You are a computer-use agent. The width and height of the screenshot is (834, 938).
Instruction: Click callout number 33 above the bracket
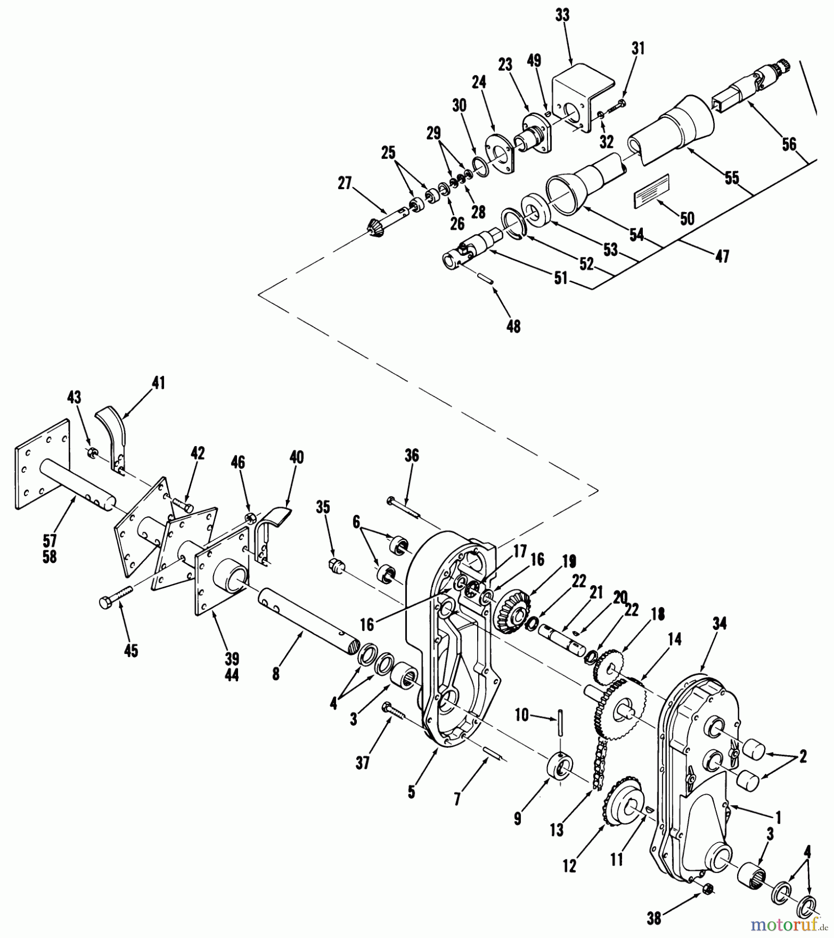(x=562, y=16)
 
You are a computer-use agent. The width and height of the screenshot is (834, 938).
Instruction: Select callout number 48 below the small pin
(x=513, y=327)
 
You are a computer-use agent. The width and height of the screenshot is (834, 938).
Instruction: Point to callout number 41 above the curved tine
(x=158, y=383)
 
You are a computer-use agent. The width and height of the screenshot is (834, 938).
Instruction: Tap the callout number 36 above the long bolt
(x=412, y=455)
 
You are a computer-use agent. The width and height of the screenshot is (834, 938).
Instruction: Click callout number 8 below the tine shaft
(x=276, y=674)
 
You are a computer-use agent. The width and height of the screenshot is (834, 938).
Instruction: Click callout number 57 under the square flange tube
(x=49, y=541)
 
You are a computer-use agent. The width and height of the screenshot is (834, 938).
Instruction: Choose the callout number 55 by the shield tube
(x=732, y=178)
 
